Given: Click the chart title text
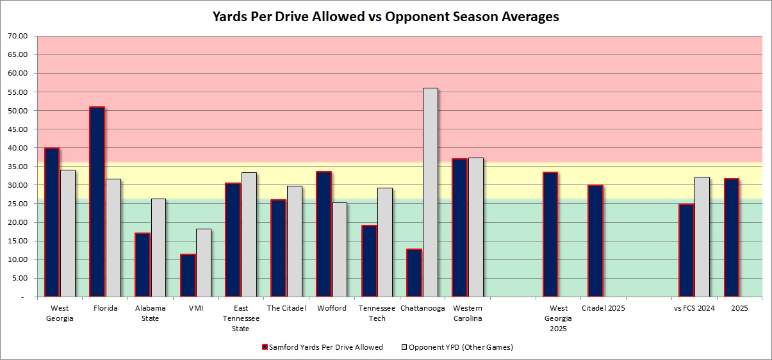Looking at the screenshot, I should (386, 17).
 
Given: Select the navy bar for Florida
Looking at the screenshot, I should (97, 202).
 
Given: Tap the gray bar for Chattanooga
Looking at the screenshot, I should (431, 192).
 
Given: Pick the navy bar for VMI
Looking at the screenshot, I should (188, 275).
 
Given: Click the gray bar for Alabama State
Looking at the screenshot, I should (158, 248).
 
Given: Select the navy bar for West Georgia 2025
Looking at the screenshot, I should (550, 234).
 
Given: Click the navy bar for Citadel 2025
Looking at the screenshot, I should (595, 241).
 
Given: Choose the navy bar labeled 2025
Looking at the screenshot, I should (731, 238).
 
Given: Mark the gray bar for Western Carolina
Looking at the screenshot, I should (476, 227).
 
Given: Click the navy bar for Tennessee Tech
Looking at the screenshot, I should (369, 261).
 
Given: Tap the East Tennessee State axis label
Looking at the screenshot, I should (233, 318).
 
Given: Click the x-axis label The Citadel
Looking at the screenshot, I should (286, 308).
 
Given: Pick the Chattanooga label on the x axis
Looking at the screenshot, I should (422, 308).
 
